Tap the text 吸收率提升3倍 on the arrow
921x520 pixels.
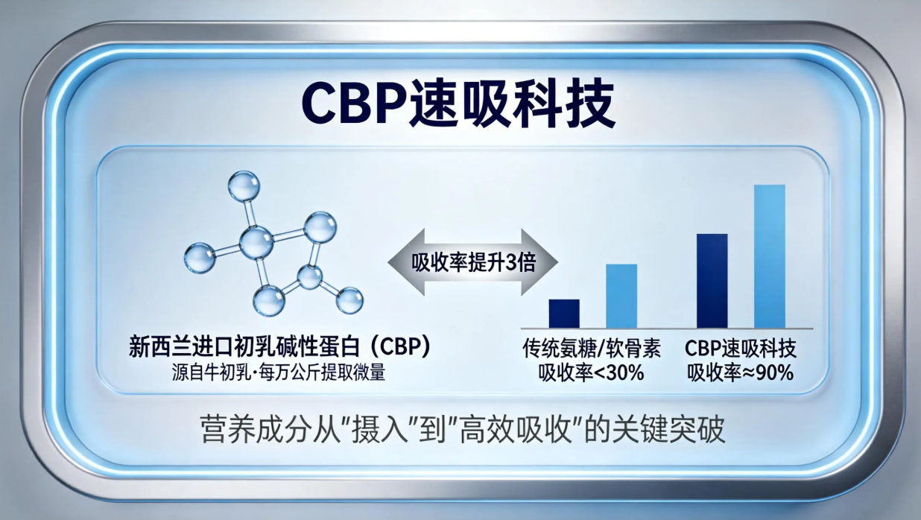(474, 262)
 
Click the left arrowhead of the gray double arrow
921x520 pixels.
(405, 262)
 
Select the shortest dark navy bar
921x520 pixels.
(564, 314)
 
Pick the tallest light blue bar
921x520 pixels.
(769, 256)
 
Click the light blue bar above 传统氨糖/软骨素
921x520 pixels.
(621, 296)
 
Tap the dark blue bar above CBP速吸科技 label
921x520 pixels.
(712, 281)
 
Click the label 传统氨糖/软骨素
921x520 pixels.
(592, 349)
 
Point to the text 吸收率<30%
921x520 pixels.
(592, 372)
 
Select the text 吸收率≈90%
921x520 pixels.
(741, 372)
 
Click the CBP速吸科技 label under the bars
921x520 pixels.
(741, 349)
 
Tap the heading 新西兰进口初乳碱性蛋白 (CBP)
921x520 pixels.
(279, 346)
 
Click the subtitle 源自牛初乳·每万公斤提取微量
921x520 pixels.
(279, 372)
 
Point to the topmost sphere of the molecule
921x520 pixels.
(244, 186)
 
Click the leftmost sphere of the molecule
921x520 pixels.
(200, 259)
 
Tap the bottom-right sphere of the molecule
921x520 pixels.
(349, 300)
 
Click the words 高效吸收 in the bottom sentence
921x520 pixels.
(516, 431)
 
